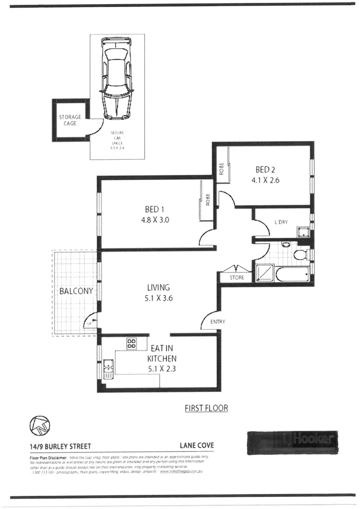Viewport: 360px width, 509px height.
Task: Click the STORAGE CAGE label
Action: (70, 120)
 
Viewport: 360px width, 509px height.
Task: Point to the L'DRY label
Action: (281, 222)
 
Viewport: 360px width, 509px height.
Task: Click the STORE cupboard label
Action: (237, 278)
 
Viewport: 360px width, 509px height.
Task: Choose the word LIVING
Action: (158, 287)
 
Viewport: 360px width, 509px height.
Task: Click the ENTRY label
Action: (218, 322)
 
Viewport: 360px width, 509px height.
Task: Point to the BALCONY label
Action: (76, 291)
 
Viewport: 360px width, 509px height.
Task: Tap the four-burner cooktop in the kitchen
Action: (131, 344)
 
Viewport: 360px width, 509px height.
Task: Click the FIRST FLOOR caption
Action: (206, 408)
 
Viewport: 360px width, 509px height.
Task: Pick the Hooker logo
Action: (292, 442)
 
